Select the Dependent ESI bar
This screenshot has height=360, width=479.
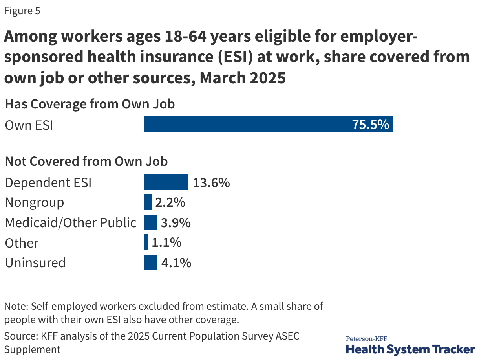[166, 183]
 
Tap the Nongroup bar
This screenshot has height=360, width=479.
[148, 202]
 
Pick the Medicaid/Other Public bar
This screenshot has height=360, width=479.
[150, 222]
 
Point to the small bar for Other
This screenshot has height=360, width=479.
[146, 242]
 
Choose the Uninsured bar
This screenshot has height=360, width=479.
[150, 263]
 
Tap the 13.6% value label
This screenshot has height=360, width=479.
[211, 183]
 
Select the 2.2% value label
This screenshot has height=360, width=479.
[170, 202]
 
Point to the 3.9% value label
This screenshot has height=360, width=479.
[176, 223]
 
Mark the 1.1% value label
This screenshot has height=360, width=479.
[166, 243]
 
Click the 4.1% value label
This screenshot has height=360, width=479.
[176, 263]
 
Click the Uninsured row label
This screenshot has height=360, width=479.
[35, 263]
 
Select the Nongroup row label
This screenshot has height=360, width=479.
[35, 203]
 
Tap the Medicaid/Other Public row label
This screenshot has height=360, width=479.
[71, 223]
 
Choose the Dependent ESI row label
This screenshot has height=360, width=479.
[48, 183]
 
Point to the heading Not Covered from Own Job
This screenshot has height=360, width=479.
[86, 162]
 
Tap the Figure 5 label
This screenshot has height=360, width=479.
[22, 11]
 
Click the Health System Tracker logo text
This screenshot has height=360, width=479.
[410, 348]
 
